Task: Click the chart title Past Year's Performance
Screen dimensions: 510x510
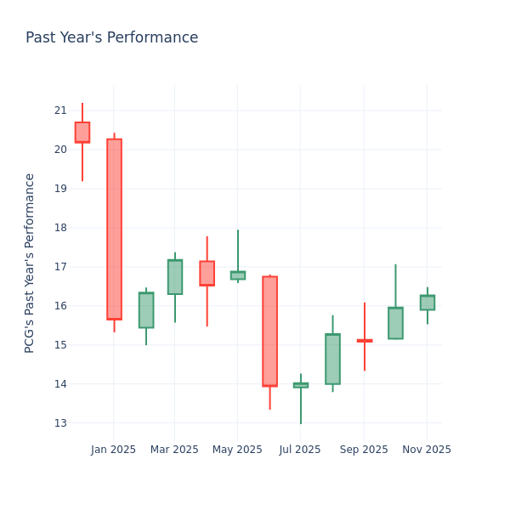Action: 111,38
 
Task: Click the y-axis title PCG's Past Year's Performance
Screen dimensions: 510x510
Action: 30,263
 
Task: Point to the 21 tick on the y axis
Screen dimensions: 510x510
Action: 60,110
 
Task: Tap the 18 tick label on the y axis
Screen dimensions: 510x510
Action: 60,228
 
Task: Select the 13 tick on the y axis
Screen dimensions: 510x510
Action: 60,423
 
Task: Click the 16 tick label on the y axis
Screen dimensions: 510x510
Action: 60,306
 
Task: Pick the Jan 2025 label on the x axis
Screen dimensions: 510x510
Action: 114,450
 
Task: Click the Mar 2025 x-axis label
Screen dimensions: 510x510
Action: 174,450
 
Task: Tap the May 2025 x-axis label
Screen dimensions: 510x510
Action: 237,450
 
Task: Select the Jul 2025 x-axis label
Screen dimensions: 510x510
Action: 300,450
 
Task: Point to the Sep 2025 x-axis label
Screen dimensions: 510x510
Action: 364,450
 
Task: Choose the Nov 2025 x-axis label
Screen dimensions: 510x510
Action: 427,450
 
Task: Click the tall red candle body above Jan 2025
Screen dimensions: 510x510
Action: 114,229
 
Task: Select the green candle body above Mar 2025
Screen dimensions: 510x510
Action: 175,277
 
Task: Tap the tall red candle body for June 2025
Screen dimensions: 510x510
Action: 269,331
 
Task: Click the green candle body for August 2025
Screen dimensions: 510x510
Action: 332,359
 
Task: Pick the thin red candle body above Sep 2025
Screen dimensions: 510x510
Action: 364,341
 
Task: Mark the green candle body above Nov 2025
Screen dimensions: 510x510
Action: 427,303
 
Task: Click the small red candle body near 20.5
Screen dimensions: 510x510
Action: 82,132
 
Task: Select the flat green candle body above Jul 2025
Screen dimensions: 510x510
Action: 301,385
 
